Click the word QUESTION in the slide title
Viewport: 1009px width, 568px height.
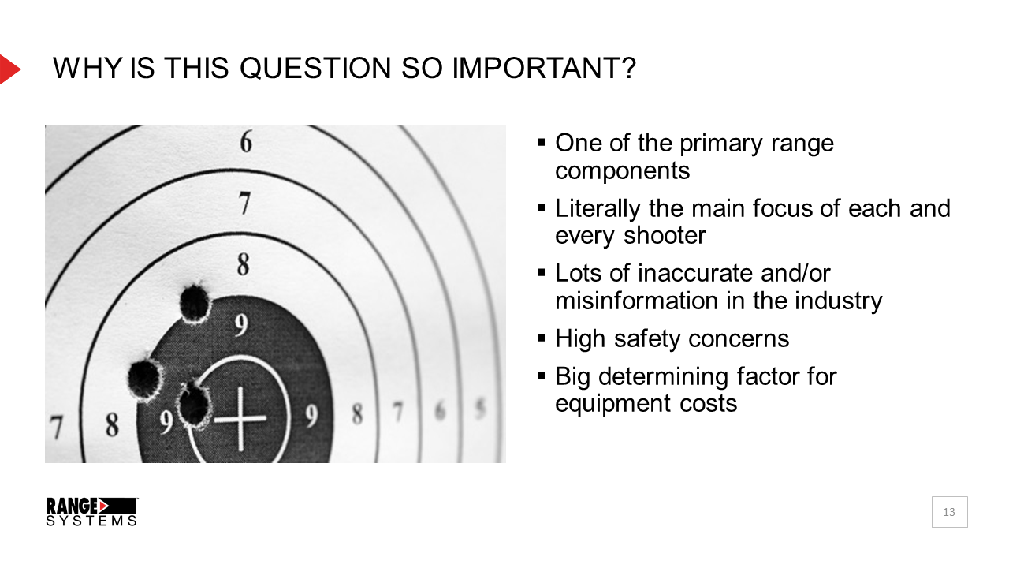(x=315, y=69)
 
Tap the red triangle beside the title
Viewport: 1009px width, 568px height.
(x=9, y=69)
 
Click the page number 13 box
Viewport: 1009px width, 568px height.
(x=950, y=512)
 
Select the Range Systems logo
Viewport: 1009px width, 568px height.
(x=92, y=512)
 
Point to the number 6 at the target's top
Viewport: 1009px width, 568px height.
(x=246, y=142)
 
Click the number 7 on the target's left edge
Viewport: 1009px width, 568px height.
(x=56, y=428)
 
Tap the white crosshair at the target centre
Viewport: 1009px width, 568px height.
(x=240, y=419)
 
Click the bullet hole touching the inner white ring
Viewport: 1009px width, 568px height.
(x=195, y=405)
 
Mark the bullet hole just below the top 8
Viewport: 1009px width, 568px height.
(x=195, y=303)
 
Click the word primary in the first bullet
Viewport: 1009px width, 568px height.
(x=720, y=144)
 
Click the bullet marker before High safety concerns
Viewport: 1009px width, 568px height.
(x=542, y=338)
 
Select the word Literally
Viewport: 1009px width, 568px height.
(x=598, y=210)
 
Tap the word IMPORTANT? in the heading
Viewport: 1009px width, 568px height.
(x=544, y=69)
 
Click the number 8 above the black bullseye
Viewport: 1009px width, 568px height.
(x=244, y=264)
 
